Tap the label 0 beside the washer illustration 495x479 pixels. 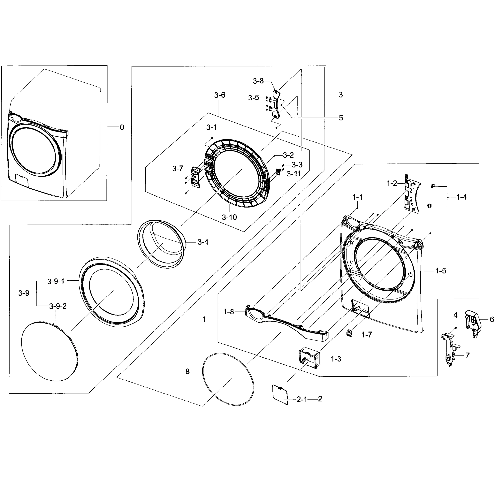point(122,127)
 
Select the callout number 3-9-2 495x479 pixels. point(58,306)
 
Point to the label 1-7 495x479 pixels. point(367,335)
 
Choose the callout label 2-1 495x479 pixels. point(302,399)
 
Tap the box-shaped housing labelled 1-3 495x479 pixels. point(309,358)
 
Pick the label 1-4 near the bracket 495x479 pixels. point(461,197)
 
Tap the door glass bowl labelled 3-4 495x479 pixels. point(162,244)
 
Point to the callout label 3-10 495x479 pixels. point(229,217)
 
